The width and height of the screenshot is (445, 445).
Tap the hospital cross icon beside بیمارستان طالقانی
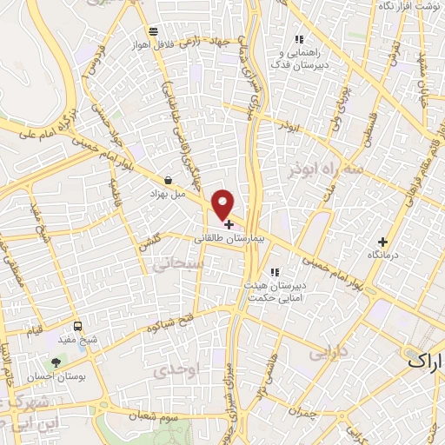pos(228,224)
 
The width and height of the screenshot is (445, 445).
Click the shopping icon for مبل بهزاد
pos(167,180)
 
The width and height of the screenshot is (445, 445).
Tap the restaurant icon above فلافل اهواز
pos(153,30)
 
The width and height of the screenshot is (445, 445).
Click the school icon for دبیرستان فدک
pos(299,38)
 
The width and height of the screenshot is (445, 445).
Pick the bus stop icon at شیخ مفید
pos(78,326)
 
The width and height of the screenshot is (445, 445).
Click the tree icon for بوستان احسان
pos(56,362)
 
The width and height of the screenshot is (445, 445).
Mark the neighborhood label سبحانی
pos(170,264)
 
